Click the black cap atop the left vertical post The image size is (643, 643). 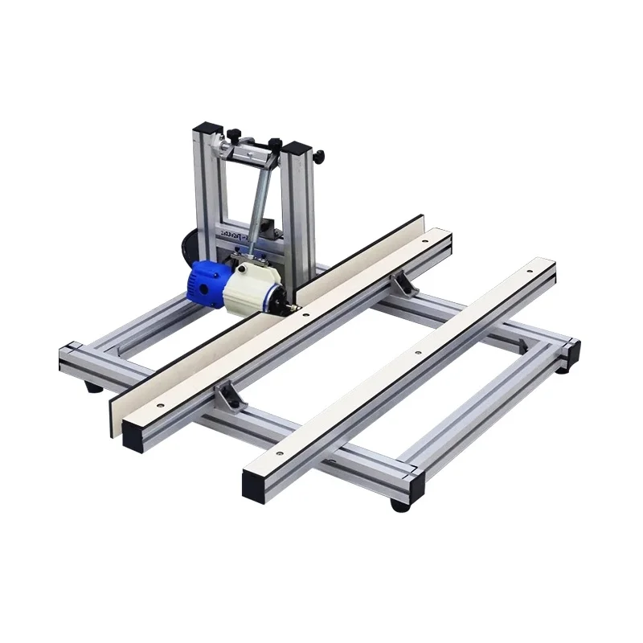pos(208,129)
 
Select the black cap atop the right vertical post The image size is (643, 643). pos(297,149)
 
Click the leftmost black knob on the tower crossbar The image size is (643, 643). pos(235,134)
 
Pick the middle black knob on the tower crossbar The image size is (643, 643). pos(274,145)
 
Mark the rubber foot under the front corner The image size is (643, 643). pos(399,505)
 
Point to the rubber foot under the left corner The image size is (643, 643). pos(94,387)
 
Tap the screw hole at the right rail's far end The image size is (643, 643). pos(529,272)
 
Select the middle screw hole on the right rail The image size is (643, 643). pos(417,351)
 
